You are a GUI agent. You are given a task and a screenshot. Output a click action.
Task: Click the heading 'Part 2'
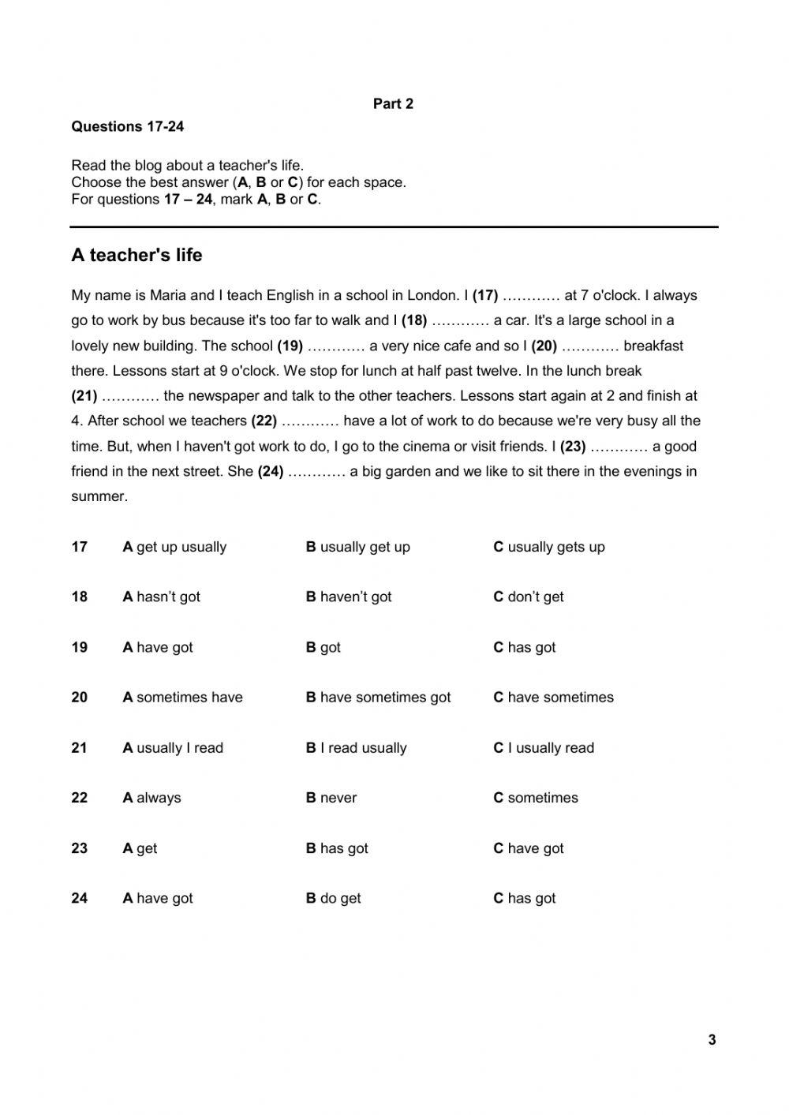tap(393, 104)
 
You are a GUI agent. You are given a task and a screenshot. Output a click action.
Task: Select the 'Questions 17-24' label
tap(128, 127)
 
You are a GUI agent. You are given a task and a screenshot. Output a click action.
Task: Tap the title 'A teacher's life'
tap(136, 255)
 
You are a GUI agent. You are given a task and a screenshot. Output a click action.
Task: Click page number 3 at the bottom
tap(712, 1040)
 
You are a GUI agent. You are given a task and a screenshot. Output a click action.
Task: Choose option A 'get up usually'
tap(174, 547)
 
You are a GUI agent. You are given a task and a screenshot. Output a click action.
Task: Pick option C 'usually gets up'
tap(549, 547)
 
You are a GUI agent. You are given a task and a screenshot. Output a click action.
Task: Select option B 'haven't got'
tap(349, 597)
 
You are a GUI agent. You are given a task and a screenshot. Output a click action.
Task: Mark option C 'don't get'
tap(529, 597)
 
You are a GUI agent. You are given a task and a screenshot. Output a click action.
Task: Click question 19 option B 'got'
tap(323, 648)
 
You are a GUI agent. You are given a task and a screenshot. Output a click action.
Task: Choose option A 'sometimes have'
tap(182, 698)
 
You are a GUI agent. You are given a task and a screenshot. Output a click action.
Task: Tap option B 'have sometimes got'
tap(378, 698)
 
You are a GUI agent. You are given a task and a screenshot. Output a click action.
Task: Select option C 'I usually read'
tap(544, 748)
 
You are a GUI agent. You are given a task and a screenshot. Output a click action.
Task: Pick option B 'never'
tap(331, 798)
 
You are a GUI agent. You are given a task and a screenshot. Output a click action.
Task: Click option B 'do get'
tap(333, 898)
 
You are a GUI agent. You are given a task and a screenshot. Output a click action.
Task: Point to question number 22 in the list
tap(80, 798)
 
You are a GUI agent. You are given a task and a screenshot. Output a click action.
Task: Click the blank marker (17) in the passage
tap(485, 296)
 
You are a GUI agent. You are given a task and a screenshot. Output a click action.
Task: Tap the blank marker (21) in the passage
tap(84, 396)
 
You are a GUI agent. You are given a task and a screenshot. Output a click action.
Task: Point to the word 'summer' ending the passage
tap(99, 496)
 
